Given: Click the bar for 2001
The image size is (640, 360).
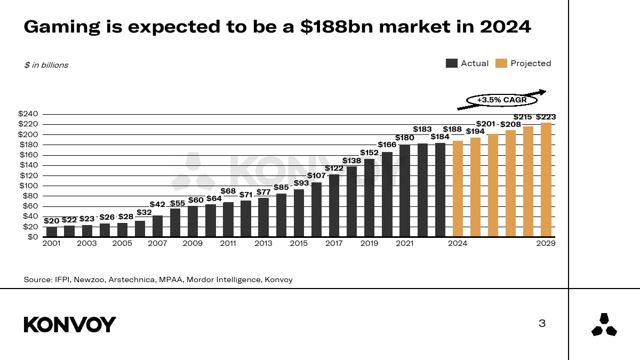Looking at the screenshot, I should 52,231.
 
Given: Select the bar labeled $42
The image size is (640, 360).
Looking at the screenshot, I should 157,226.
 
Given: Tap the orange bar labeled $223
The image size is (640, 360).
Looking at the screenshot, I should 546,180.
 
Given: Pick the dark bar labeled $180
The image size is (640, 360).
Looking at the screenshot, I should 405,190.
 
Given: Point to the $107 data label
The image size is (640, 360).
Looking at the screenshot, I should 316,175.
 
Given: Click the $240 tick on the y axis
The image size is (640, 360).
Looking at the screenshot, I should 28,114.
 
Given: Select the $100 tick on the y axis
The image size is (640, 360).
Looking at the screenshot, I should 28,186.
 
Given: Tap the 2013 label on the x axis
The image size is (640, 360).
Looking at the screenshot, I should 263,244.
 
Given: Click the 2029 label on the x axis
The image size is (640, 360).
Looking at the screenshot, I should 546,244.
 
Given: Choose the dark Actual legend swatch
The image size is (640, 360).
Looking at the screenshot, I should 452,63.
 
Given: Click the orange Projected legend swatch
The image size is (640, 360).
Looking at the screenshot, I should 501,63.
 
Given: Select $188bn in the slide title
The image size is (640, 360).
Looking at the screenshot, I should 330,27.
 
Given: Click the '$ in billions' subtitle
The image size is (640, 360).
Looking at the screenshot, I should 46,65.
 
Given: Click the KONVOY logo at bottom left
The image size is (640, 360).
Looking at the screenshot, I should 70,324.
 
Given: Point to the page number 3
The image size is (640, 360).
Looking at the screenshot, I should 542,323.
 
